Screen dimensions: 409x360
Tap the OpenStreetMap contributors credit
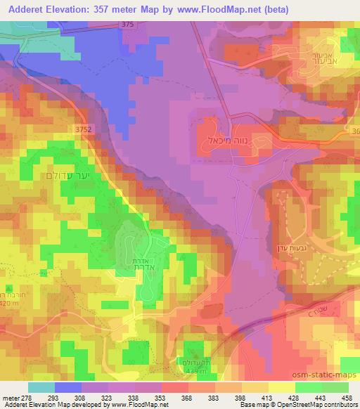[x=318, y=404]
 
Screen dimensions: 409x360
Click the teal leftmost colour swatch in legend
[x=41, y=387]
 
